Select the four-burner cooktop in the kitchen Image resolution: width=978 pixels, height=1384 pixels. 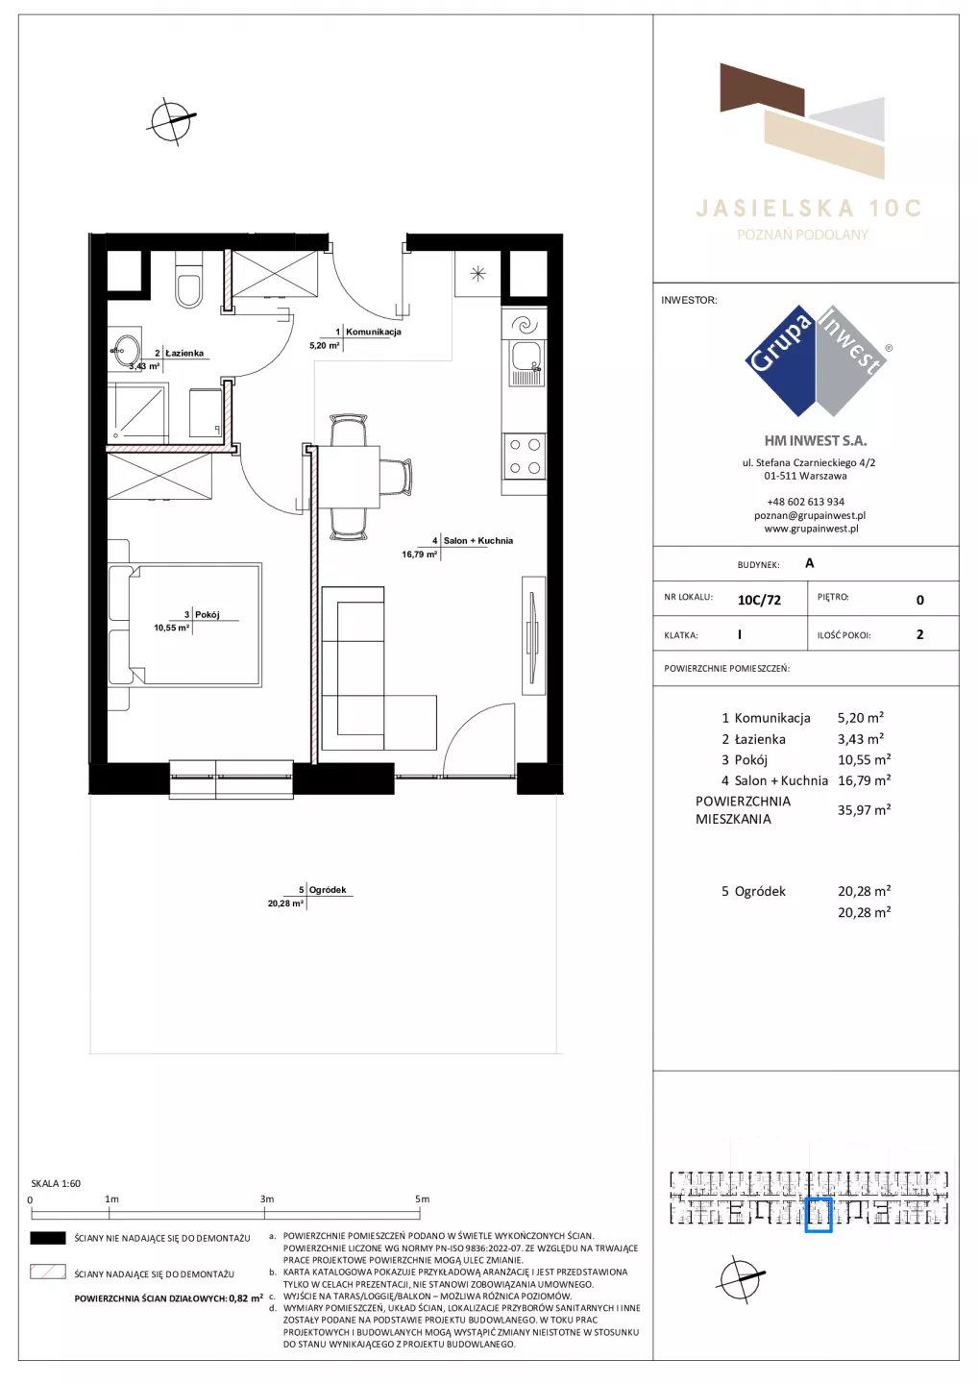pyautogui.click(x=525, y=456)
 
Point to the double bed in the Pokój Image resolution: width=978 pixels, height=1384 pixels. pyautogui.click(x=184, y=624)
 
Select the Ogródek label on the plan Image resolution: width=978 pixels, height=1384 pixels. pyautogui.click(x=328, y=890)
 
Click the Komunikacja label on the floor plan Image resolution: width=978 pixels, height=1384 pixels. pyautogui.click(x=373, y=332)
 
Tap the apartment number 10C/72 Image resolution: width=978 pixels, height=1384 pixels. pyautogui.click(x=759, y=600)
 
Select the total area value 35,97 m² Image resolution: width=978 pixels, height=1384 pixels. pyautogui.click(x=864, y=810)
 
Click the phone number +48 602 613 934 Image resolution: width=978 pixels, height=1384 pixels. pyautogui.click(x=805, y=502)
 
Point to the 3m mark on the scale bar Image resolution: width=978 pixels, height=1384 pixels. pyautogui.click(x=265, y=1214)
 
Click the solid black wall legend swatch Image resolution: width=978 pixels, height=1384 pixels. pyautogui.click(x=47, y=1238)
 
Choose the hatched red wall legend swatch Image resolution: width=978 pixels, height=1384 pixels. pyautogui.click(x=47, y=1273)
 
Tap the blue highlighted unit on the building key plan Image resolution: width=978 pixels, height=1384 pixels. pyautogui.click(x=819, y=1215)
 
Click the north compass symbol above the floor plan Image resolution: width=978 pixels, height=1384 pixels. pyautogui.click(x=171, y=121)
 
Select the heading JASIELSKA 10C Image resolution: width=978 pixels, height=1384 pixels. pyautogui.click(x=808, y=209)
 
